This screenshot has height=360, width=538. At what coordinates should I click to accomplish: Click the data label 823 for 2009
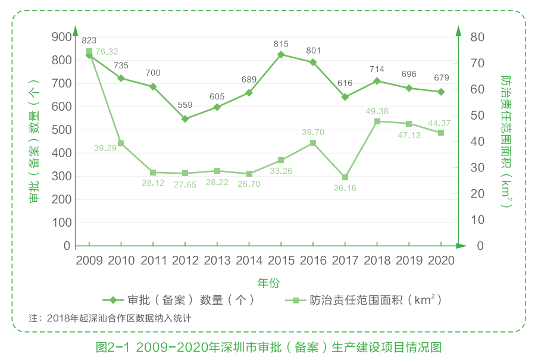pyautogui.click(x=89, y=40)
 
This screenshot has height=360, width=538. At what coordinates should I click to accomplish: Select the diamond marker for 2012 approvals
pyautogui.click(x=185, y=119)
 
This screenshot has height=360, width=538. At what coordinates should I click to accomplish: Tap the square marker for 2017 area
pyautogui.click(x=345, y=177)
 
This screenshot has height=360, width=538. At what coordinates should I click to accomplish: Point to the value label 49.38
pyautogui.click(x=377, y=111)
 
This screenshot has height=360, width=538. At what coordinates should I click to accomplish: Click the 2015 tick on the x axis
pyautogui.click(x=281, y=261)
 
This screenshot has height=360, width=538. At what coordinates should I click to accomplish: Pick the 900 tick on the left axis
pyautogui.click(x=61, y=37)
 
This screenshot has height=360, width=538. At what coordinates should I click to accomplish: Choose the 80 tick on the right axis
pyautogui.click(x=477, y=37)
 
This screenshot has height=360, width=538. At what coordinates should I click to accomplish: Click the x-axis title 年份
pyautogui.click(x=268, y=283)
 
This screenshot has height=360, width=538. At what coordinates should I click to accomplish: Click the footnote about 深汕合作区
pyautogui.click(x=110, y=318)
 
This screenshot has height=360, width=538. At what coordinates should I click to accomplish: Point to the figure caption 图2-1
pyautogui.click(x=268, y=347)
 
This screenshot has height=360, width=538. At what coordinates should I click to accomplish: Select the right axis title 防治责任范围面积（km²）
pyautogui.click(x=506, y=141)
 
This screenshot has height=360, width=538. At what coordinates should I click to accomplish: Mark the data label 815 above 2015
pyautogui.click(x=281, y=44)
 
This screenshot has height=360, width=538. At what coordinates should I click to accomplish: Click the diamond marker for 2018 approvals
pyautogui.click(x=377, y=81)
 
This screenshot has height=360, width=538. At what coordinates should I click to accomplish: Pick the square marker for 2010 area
pyautogui.click(x=121, y=143)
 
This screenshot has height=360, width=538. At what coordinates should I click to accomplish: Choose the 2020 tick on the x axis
pyautogui.click(x=441, y=261)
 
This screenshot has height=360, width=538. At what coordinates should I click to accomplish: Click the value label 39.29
pyautogui.click(x=106, y=148)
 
